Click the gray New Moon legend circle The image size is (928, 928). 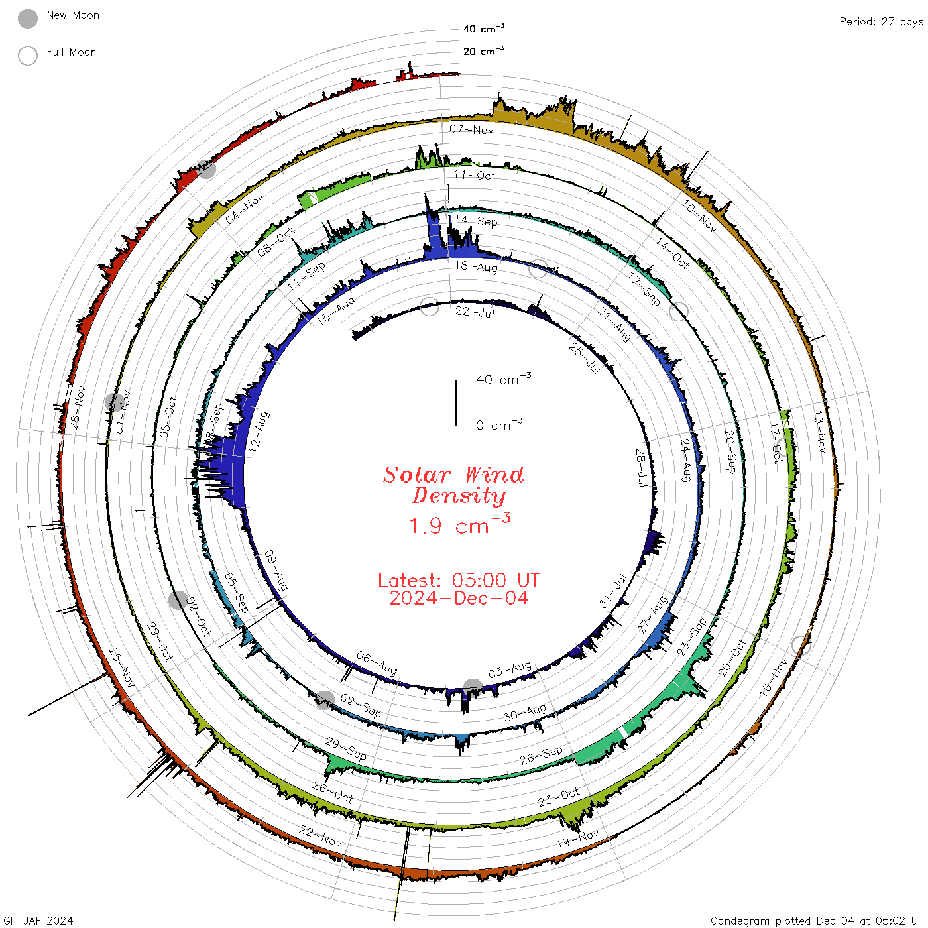(28, 19)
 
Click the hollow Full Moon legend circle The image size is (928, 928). (28, 56)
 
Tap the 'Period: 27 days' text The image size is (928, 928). (881, 22)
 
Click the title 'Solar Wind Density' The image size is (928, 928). (453, 485)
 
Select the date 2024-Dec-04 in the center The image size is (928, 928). (459, 598)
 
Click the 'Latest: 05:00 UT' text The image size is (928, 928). (459, 580)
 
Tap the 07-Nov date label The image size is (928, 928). (471, 129)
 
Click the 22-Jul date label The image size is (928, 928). (475, 312)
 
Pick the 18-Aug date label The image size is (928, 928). (477, 266)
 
